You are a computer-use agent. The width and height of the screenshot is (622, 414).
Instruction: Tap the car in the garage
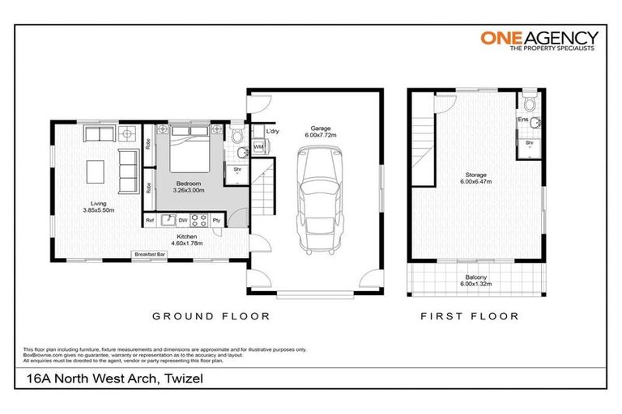point(313,207)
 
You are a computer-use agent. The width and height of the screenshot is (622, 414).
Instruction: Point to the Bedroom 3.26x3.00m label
point(190,188)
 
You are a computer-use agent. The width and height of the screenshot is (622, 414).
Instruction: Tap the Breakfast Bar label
point(150,255)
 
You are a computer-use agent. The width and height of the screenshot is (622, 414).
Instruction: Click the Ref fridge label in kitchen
point(150,220)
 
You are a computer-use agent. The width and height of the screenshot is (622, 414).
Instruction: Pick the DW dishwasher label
point(183,220)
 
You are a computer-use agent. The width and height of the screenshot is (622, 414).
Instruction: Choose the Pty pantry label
point(216,220)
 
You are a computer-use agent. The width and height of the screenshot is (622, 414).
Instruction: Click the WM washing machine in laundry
point(258,147)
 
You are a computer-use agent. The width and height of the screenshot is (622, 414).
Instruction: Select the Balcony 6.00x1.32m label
point(475,280)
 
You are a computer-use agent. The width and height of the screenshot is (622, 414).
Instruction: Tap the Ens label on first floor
point(523,121)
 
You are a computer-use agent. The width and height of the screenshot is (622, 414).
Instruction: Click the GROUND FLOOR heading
point(211,316)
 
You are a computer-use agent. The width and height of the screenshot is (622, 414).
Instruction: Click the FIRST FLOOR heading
point(469,316)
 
